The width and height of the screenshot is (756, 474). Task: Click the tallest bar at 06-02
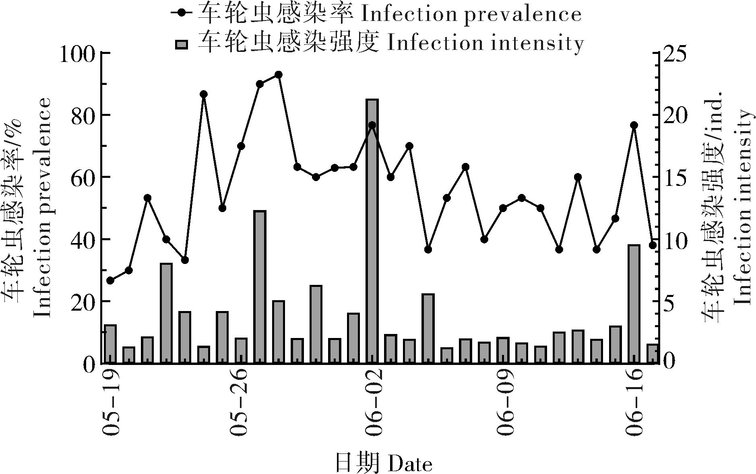372,231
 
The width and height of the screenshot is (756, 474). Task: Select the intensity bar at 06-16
634,304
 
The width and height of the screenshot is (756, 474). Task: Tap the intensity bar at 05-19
110,344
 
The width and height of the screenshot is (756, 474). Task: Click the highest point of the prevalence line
278,75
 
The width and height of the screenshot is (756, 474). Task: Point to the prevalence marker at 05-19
110,280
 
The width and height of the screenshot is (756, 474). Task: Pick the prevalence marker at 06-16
634,125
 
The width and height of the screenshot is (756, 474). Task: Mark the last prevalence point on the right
653,245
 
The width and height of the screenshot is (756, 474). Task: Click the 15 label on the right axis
676,177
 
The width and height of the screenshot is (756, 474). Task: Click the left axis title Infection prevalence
42,207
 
